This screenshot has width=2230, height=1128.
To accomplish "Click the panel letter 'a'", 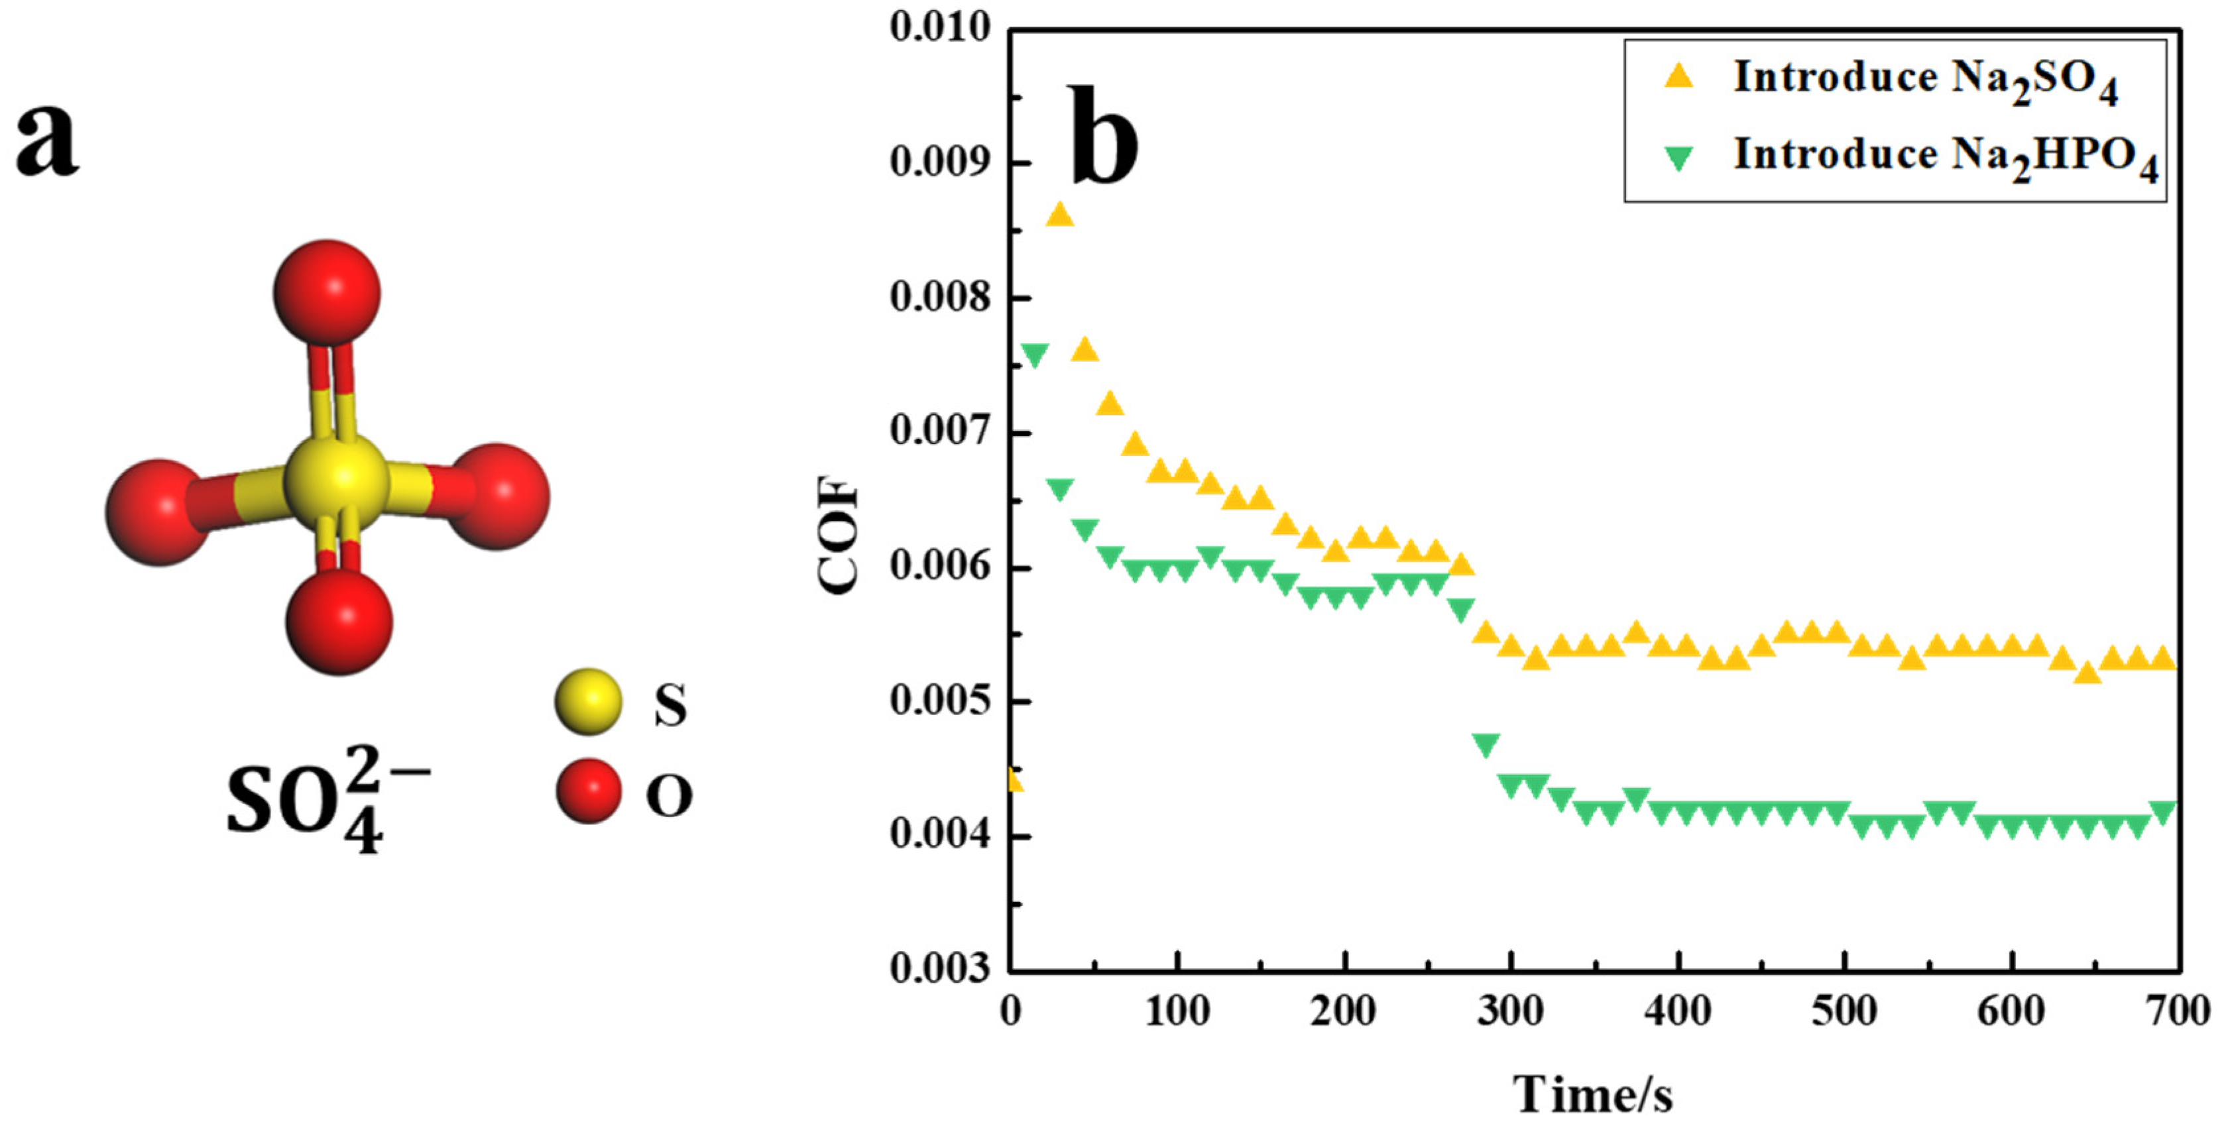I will [x=48, y=139].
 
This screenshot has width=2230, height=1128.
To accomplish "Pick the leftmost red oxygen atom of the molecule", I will [x=158, y=512].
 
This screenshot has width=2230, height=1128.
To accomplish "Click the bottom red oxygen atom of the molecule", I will [x=339, y=621].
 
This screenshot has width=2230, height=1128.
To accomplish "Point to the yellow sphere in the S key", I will [x=588, y=701].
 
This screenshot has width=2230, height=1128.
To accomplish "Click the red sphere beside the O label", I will [x=588, y=791].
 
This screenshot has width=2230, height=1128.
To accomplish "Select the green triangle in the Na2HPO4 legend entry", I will [x=1678, y=158].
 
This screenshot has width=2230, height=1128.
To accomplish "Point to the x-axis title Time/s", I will [x=1592, y=1094].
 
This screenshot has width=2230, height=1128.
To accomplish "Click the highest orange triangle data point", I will [x=1059, y=215].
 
